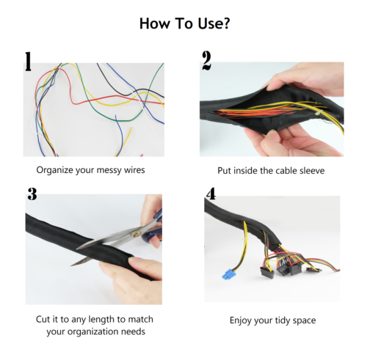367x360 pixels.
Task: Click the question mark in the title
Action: pos(225,23)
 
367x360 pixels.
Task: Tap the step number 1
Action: pos(29,62)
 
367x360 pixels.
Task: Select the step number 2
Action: pos(206,60)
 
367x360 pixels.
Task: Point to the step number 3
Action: pos(32,194)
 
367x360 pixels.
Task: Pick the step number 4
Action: pos(211,194)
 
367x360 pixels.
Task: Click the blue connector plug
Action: pos(228,274)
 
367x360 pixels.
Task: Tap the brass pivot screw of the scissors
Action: pos(137,234)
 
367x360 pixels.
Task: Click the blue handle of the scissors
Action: pos(153,229)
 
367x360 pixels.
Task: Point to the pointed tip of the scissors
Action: pos(71,265)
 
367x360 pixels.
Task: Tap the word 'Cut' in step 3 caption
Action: pos(43,319)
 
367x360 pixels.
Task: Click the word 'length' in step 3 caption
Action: pos(101,320)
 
